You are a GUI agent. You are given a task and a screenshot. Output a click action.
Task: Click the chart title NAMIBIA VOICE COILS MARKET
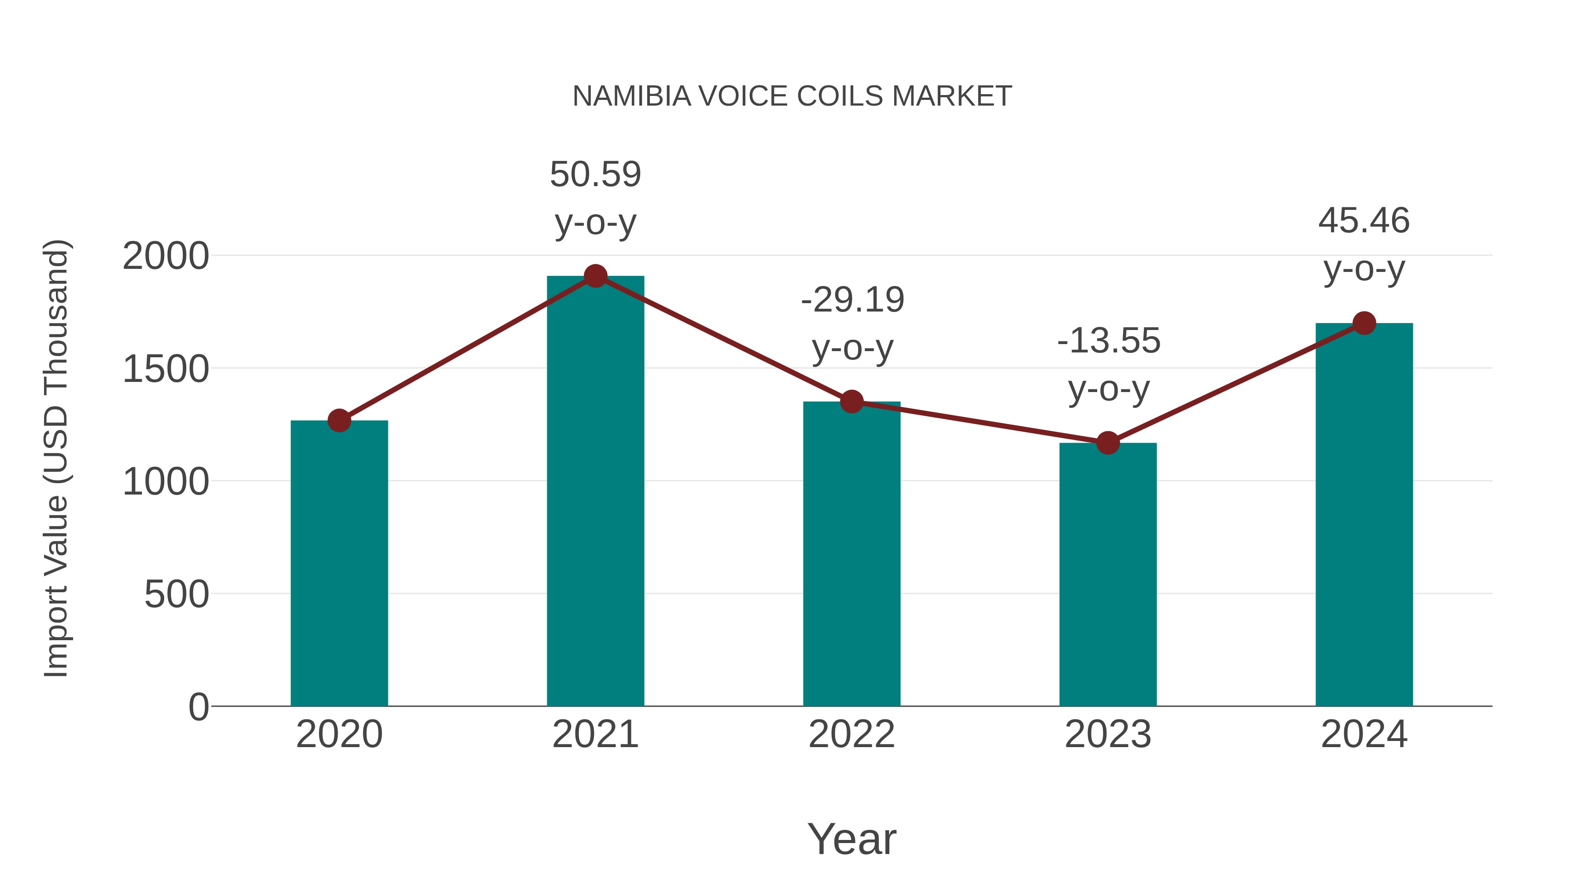pos(792,96)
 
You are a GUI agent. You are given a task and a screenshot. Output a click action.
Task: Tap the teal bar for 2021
pos(595,492)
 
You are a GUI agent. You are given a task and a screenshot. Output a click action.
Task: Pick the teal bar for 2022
pos(851,554)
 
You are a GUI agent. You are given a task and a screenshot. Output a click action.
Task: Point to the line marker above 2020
pos(339,421)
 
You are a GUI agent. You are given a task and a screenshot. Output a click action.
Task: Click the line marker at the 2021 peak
pos(595,276)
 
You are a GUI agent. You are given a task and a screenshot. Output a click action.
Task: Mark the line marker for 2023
pos(1108,443)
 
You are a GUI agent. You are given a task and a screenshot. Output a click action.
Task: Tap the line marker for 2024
pos(1364,323)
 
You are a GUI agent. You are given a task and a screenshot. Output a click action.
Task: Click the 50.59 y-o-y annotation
pos(595,198)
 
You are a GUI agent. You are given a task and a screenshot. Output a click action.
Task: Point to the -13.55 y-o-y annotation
pos(1108,365)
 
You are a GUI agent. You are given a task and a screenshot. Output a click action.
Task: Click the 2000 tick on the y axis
pos(166,257)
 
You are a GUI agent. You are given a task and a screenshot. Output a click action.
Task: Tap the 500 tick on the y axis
pos(176,594)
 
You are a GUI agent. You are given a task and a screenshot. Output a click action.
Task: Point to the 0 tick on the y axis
pos(198,707)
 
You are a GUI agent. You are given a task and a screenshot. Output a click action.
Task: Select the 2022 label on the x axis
pos(851,734)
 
